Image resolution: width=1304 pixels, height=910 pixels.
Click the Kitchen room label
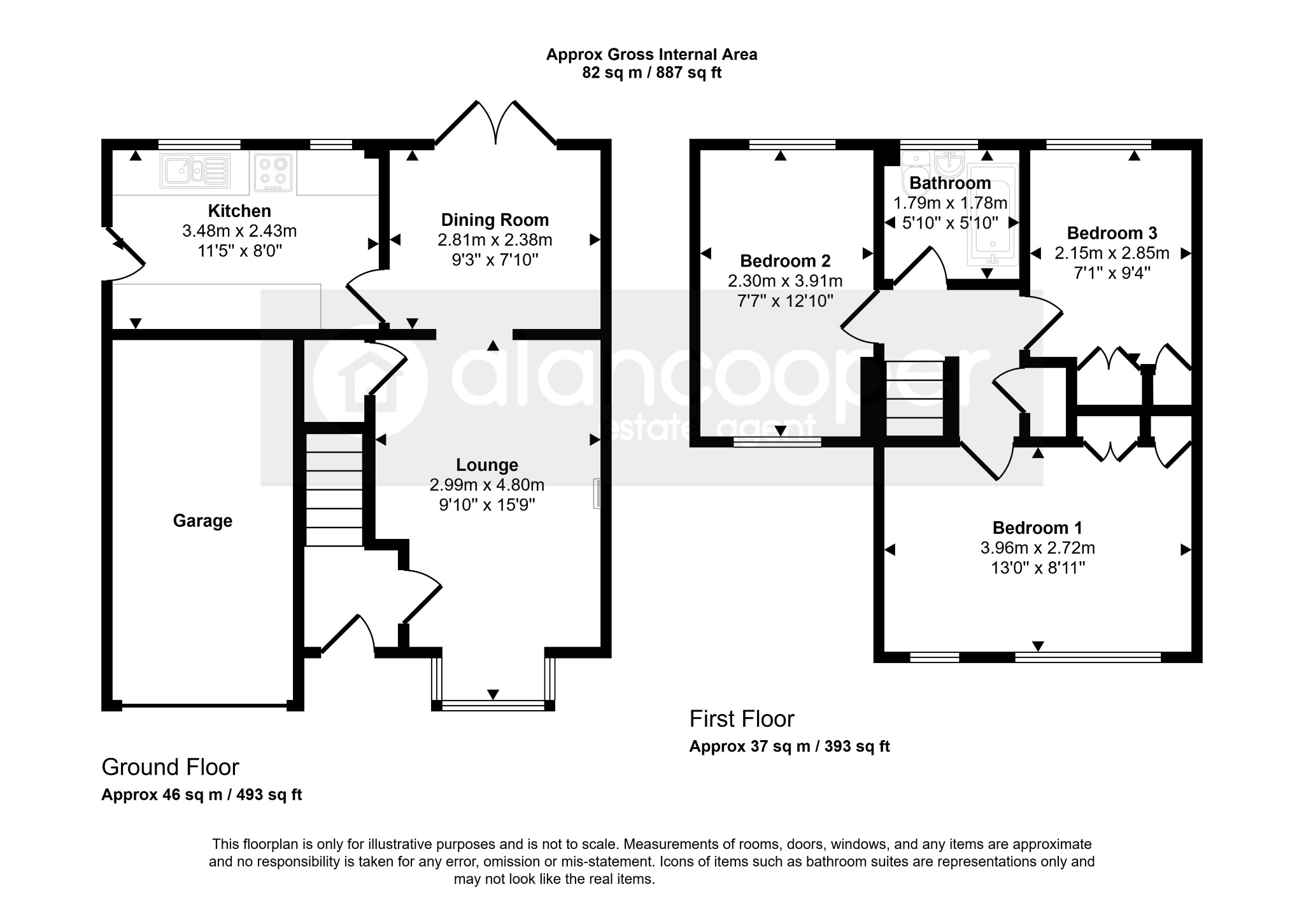tap(239, 211)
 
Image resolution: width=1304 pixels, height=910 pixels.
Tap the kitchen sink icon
tap(195, 171)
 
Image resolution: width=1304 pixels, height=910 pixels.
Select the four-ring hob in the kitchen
tap(273, 172)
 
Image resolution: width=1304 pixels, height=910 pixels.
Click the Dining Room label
tap(495, 220)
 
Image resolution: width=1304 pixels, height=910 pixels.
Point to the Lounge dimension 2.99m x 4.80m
tap(487, 485)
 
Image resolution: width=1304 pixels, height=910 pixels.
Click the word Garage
tap(202, 521)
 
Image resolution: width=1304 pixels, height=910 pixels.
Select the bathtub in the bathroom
tap(992, 214)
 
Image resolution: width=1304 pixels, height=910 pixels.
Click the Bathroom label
tap(950, 183)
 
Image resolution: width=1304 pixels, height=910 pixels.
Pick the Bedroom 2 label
tap(785, 261)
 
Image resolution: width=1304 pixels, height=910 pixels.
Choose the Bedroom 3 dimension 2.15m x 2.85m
tap(1112, 253)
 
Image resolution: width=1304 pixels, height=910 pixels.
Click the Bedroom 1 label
tap(1037, 528)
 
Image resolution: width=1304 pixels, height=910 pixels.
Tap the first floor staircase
tap(914, 398)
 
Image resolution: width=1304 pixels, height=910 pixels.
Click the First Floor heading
tap(742, 719)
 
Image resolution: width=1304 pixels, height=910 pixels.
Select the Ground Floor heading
tap(170, 767)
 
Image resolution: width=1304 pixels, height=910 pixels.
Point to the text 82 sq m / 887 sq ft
tap(652, 73)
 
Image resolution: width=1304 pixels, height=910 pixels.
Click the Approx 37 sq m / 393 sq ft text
tap(790, 746)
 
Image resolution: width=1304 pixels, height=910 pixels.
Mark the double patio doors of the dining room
tap(495, 123)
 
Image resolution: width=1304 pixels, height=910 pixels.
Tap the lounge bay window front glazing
tap(493, 705)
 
